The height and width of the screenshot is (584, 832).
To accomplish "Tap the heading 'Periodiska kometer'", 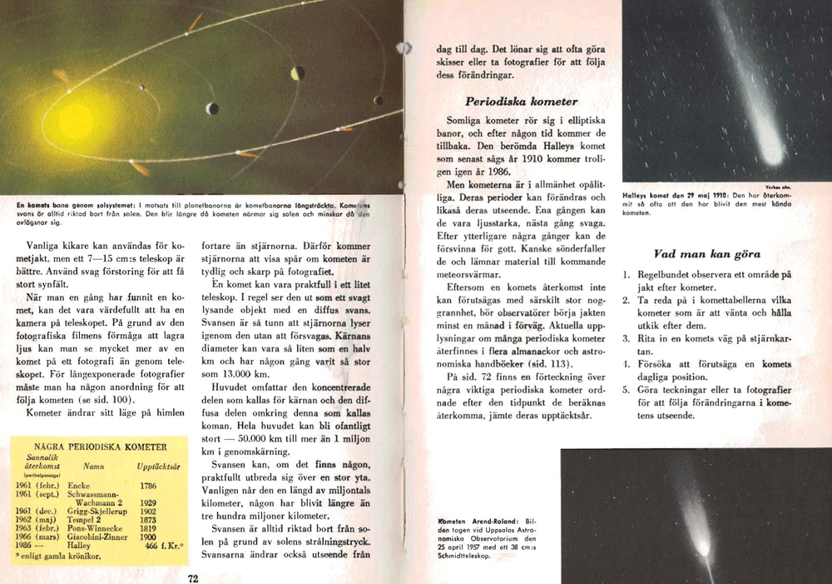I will pos(521,102).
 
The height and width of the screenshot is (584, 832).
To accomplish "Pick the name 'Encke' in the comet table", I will pos(78,484).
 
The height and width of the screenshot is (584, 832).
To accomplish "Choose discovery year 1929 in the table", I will pos(150,503).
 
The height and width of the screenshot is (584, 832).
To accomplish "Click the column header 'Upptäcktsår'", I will pos(159,468).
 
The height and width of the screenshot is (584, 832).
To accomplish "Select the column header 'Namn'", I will pos(93,468).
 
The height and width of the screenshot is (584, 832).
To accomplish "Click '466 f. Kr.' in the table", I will pos(163,547).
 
